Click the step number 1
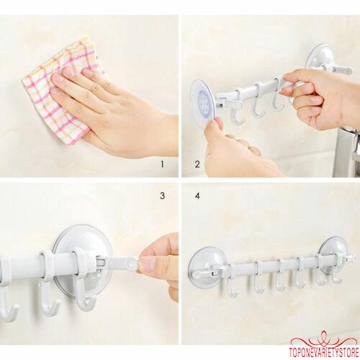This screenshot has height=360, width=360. (163, 164)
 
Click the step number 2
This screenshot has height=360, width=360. (197, 164)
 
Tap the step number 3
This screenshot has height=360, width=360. (163, 196)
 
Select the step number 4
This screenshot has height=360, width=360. (197, 196)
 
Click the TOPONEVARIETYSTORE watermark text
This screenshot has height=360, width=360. (325, 354)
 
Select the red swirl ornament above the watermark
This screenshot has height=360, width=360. (325, 341)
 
